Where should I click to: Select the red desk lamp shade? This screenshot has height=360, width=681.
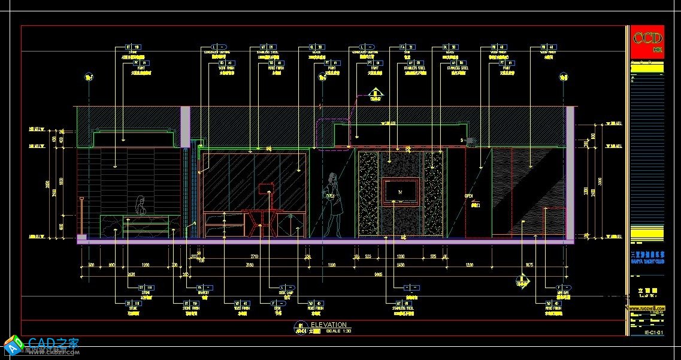pyautogui.click(x=264, y=189)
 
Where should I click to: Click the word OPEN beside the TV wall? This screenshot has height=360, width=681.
pyautogui.click(x=469, y=196)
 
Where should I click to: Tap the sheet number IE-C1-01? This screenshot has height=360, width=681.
pyautogui.click(x=652, y=332)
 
